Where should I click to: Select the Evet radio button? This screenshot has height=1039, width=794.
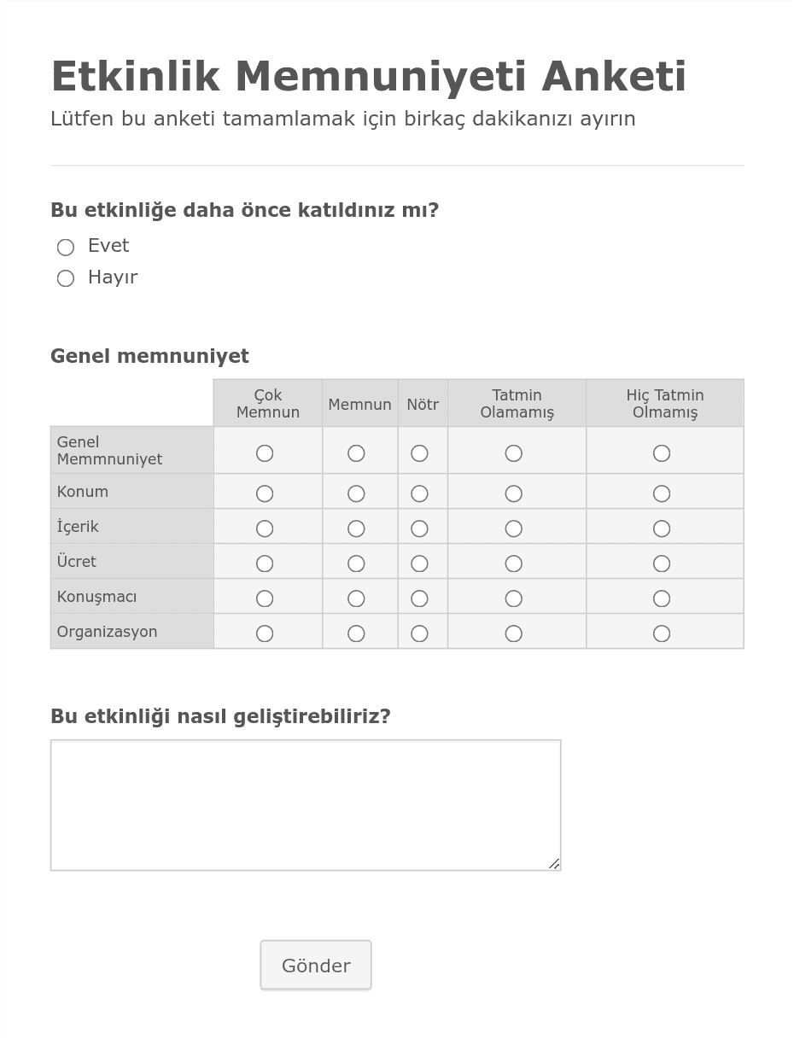point(66,248)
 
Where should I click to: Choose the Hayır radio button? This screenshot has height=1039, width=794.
point(66,279)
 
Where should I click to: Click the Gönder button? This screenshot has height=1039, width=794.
point(316,966)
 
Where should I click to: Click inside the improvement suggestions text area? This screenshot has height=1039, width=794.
point(305,804)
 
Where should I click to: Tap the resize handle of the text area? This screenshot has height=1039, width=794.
point(553,863)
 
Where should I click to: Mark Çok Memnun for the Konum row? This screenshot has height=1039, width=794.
point(265,493)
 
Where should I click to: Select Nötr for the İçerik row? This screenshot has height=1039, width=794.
point(419,528)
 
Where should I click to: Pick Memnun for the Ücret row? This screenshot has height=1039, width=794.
point(356,563)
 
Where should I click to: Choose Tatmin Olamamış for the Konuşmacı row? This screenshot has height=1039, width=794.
point(513,598)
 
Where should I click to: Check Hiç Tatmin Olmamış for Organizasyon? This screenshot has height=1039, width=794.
point(662,633)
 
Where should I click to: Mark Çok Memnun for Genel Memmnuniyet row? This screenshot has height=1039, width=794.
point(265,453)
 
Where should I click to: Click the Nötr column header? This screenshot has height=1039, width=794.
point(423,405)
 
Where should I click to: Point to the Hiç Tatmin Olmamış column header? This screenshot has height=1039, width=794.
point(665,404)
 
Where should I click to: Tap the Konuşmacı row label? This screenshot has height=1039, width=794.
point(96,597)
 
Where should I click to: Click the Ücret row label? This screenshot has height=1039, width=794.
point(77,562)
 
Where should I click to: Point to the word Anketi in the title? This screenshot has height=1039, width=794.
point(613,77)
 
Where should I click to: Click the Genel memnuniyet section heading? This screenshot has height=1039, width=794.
point(149,356)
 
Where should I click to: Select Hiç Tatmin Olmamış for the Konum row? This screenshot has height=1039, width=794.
point(662,493)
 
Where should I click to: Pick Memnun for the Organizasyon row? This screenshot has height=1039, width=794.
point(356,633)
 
